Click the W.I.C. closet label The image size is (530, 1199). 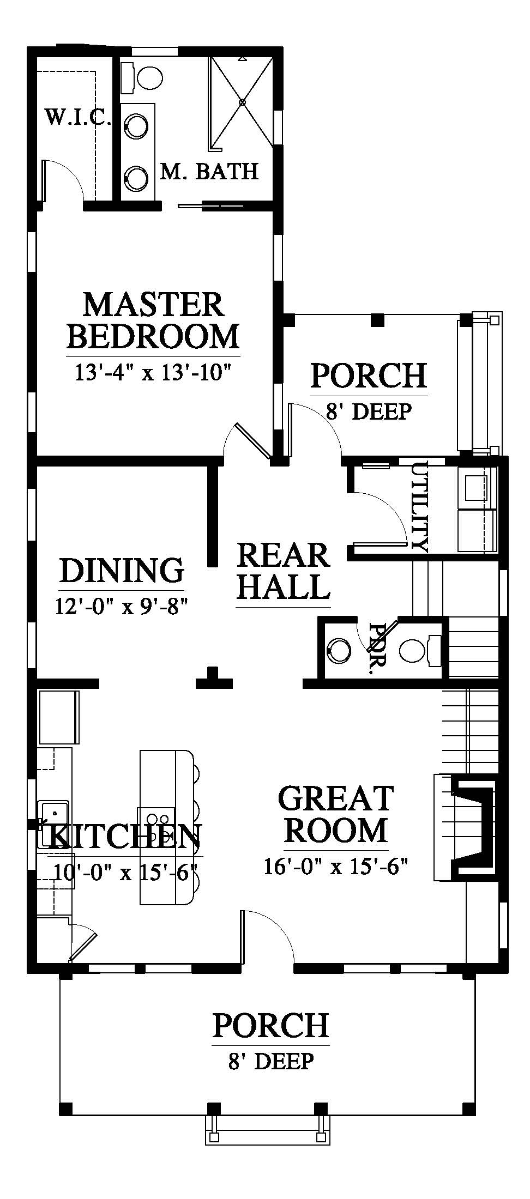click(79, 117)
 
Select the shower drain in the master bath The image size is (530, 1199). click(243, 101)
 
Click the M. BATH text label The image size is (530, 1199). click(209, 172)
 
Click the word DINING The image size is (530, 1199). click(122, 571)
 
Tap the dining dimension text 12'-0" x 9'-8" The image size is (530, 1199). click(122, 605)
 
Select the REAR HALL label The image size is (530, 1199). click(284, 571)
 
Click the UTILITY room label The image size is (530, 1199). click(420, 506)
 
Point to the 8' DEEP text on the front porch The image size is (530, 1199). click(271, 1061)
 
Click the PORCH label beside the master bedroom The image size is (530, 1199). click(369, 376)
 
